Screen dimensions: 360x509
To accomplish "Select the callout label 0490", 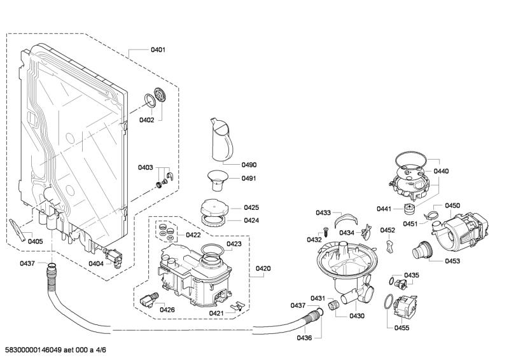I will [249, 165].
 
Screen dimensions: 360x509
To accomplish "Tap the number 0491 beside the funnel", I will [249, 179].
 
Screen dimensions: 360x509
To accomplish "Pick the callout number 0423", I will [234, 244].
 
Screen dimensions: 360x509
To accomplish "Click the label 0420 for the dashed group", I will [263, 268].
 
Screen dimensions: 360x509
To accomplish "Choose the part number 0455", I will [401, 328].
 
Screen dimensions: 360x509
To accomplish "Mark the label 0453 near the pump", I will [452, 261].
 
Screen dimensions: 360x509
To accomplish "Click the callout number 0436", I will [304, 337].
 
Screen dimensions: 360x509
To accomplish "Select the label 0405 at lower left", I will [36, 242].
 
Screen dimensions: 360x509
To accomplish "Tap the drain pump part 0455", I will [406, 307].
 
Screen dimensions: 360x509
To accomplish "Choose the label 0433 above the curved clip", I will [323, 212].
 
